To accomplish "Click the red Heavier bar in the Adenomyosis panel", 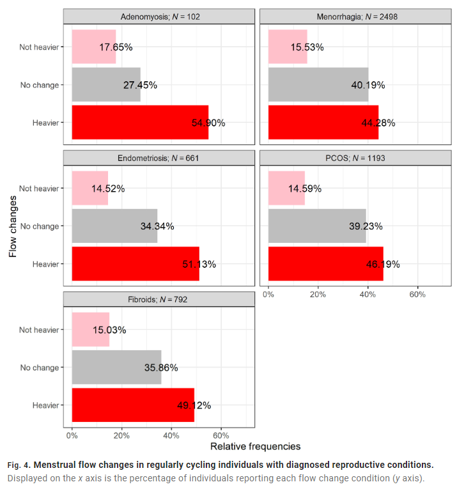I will click(x=139, y=122).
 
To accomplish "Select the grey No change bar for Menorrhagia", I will click(x=318, y=84).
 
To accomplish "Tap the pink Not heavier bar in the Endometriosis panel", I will click(x=89, y=188).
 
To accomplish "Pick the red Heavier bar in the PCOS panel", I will click(x=325, y=263).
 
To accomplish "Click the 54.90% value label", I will click(x=208, y=123).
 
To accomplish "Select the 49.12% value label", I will click(x=194, y=405).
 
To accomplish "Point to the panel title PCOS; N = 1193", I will click(x=356, y=158).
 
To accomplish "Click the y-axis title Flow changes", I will click(x=13, y=226).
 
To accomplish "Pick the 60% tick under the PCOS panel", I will click(x=417, y=294).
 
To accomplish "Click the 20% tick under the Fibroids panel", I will click(x=121, y=435).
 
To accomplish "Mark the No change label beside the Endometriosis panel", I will click(x=39, y=226).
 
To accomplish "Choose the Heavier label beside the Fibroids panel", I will click(x=45, y=405).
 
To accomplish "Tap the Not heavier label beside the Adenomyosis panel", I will click(x=39, y=47).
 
